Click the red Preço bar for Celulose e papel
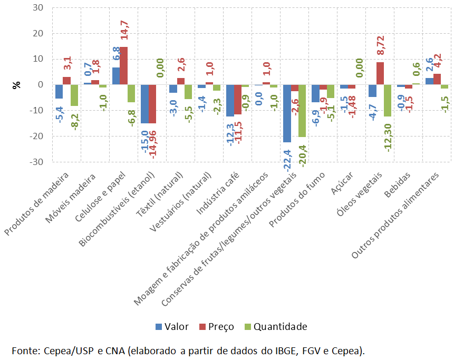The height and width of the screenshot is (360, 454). point(123,66)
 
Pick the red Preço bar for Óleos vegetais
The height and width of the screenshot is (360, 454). point(380,73)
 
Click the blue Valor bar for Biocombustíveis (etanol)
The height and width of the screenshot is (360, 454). point(144,104)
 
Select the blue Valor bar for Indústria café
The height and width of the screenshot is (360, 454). point(230,100)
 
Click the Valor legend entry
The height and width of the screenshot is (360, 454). point(172,327)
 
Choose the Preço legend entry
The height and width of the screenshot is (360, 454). point(216,327)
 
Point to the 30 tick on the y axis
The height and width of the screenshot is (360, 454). point(38,8)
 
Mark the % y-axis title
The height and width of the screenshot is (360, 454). point(16,85)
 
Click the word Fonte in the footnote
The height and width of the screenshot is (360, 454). point(24,350)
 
